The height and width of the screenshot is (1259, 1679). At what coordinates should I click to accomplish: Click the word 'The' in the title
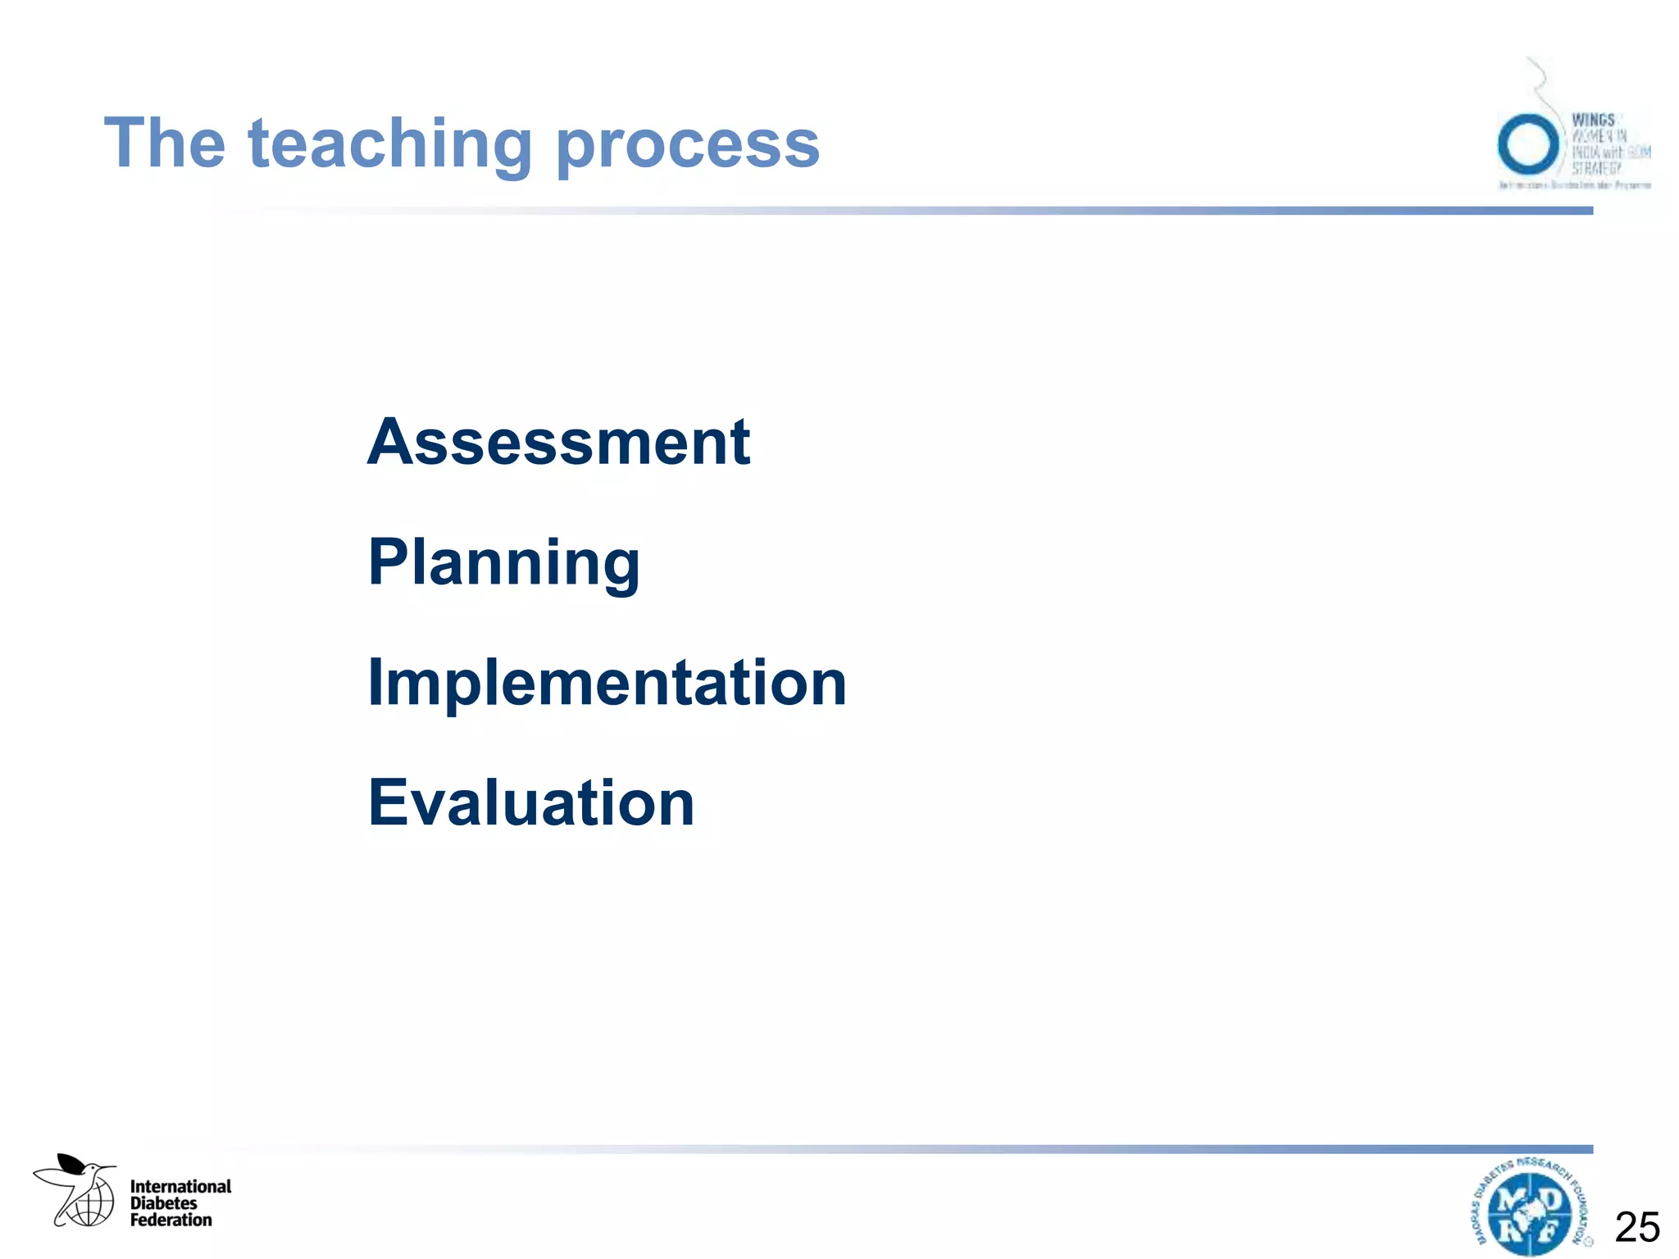point(164,143)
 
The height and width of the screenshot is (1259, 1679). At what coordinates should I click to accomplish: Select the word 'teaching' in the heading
point(390,146)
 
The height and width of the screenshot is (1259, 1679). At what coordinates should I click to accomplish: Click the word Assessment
point(558,443)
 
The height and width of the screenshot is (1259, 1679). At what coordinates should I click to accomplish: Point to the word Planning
point(504,564)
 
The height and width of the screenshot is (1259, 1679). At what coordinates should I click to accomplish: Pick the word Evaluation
point(531,803)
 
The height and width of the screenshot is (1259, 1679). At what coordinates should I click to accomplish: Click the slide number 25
point(1637,1227)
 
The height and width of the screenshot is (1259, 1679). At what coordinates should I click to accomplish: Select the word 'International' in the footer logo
point(180,1186)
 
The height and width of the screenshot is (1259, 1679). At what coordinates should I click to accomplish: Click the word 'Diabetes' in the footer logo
point(163,1203)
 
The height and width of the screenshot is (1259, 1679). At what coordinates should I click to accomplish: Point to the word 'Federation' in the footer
point(171,1220)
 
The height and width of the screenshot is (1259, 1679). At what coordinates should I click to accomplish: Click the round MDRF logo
point(1530,1209)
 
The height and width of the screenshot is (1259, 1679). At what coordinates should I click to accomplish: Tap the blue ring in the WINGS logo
point(1527,144)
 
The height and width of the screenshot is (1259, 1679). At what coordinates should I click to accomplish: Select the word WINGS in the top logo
point(1593,120)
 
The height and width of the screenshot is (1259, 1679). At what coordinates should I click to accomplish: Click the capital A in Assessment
point(390,443)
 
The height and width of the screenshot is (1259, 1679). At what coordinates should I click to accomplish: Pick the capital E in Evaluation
point(387,803)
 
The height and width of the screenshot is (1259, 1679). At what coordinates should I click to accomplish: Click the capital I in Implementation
point(375,683)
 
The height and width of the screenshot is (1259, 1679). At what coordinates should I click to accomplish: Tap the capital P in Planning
point(389,562)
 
